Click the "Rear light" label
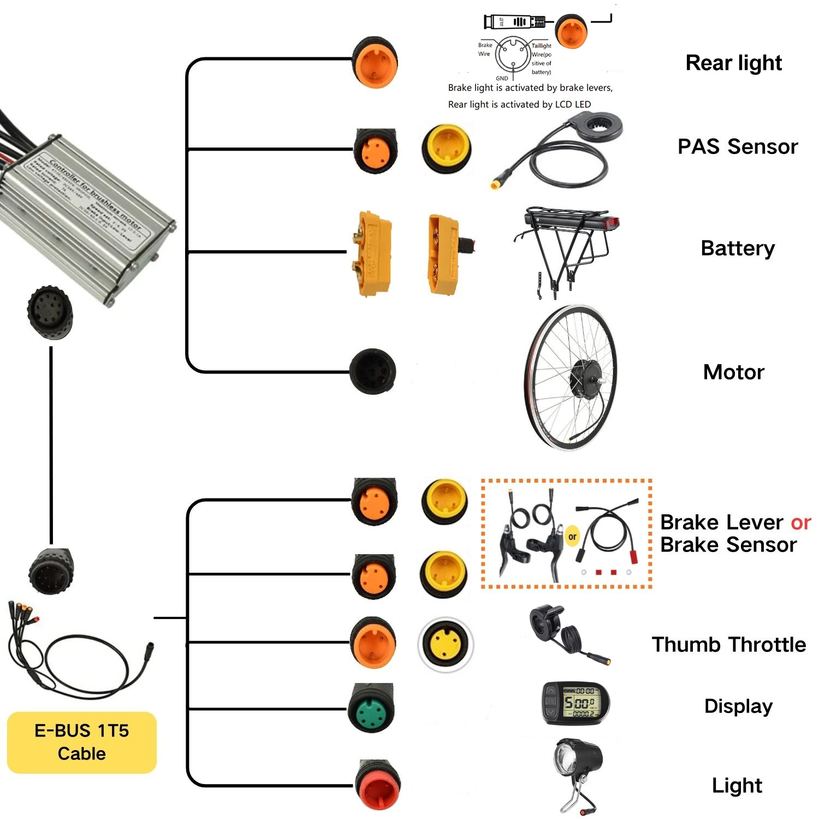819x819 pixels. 733,63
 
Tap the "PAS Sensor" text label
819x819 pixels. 737,146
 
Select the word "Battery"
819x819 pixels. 737,248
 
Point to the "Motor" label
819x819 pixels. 733,372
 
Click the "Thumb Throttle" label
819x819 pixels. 728,645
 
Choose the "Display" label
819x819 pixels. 738,706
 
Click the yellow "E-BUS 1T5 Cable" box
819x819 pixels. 82,742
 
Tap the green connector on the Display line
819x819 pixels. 371,708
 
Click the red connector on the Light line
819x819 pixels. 377,785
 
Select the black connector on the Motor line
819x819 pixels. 372,371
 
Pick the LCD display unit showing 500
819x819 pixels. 575,703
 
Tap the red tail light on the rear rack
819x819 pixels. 612,223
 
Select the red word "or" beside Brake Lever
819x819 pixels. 800,523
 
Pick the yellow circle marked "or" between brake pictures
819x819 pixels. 572,536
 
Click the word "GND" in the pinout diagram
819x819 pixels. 502,78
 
